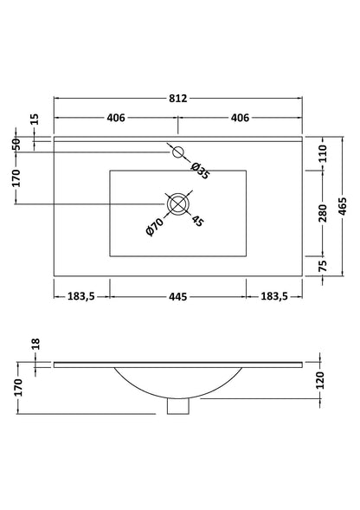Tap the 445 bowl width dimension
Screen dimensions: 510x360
pos(178,297)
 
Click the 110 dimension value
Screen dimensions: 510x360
pos(322,154)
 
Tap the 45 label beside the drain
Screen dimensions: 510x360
pos(197,221)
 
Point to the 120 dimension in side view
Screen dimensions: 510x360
pos(322,379)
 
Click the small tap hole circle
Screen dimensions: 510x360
pos(178,153)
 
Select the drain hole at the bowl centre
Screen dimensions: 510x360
pos(178,204)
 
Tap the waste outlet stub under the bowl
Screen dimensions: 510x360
pos(178,404)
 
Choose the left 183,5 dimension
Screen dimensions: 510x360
pos(81,297)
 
